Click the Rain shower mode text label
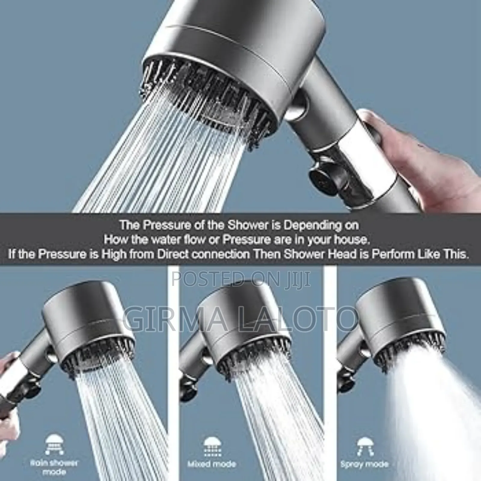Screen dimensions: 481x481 (x=54, y=467)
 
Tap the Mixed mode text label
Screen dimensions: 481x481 (x=212, y=464)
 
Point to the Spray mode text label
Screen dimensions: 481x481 (x=364, y=464)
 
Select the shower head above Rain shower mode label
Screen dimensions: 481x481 (x=87, y=328)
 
